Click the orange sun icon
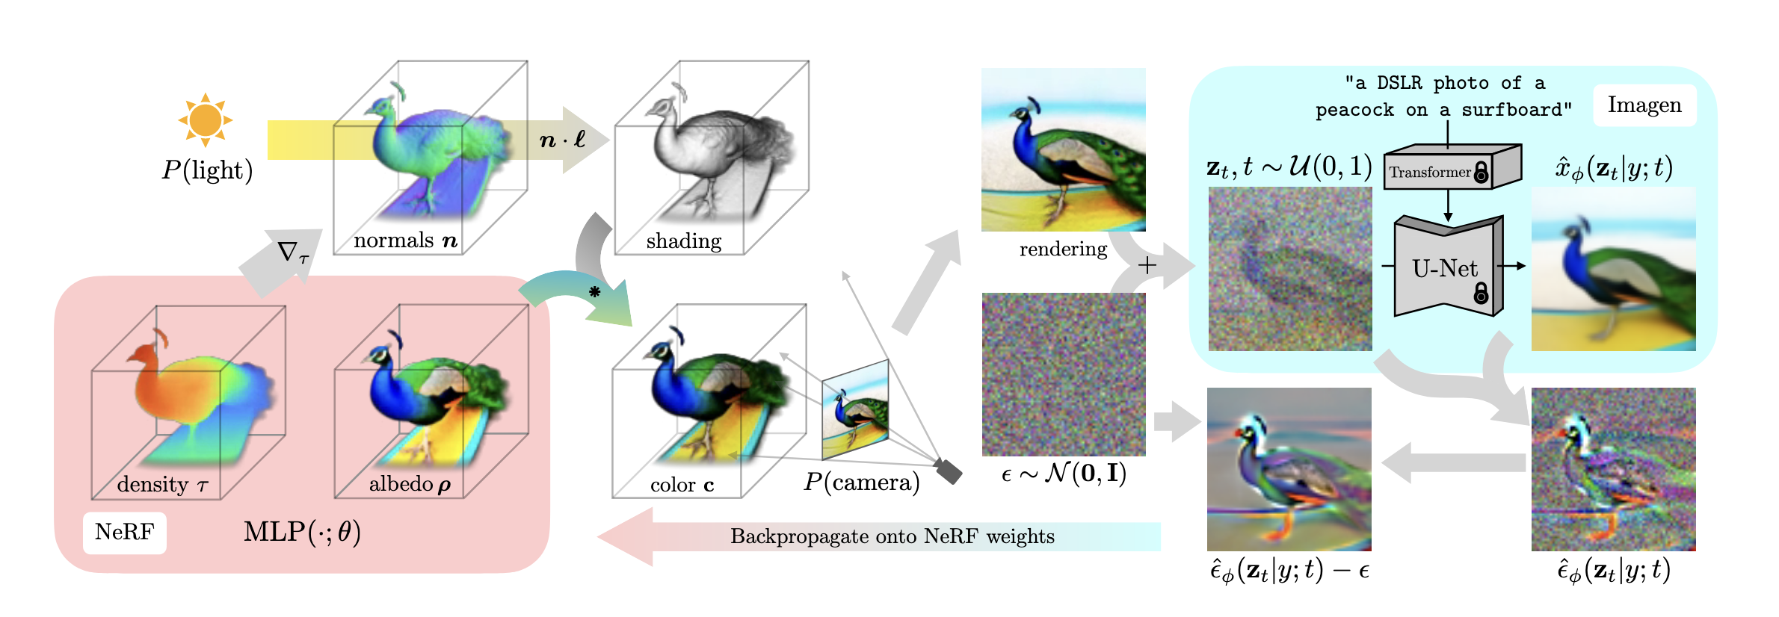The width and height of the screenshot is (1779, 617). point(206,120)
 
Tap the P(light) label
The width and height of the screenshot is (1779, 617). point(207,171)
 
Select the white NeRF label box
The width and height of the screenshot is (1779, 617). point(124,533)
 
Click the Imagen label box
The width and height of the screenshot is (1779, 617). point(1644,105)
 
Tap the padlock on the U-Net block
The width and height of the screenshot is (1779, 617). point(1481,292)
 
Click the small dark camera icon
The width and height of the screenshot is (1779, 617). point(949,471)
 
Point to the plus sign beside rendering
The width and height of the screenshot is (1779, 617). point(1147,265)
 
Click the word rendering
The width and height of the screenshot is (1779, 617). point(1063,249)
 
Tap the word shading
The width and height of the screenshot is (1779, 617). point(684,241)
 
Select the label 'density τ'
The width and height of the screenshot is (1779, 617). point(162,485)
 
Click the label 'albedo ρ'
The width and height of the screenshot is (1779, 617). point(410,484)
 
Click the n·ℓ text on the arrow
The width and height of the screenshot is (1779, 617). point(562,140)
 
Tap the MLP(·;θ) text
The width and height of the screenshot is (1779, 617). point(302,532)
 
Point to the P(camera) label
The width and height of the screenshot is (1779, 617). point(861,483)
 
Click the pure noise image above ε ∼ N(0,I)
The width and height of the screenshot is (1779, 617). point(1063,374)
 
